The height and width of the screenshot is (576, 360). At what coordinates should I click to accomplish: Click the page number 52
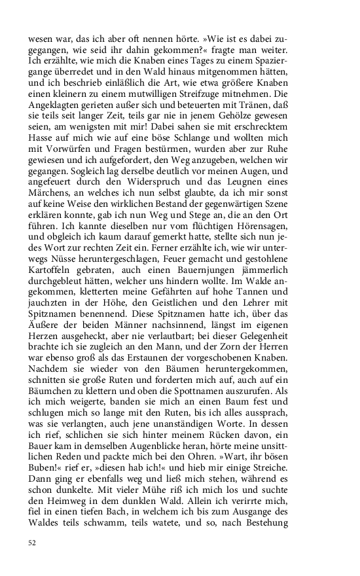pyautogui.click(x=32, y=543)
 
